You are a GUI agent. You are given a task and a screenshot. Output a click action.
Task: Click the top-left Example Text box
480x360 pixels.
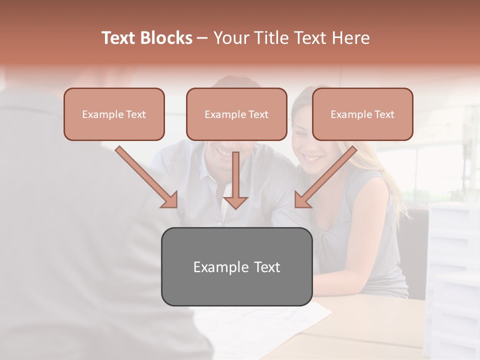click(x=114, y=114)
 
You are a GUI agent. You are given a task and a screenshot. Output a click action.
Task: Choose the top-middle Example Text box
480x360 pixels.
click(x=236, y=114)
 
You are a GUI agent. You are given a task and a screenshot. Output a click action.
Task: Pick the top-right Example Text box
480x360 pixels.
click(x=362, y=114)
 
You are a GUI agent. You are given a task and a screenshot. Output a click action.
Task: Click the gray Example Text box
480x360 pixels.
click(x=236, y=266)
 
